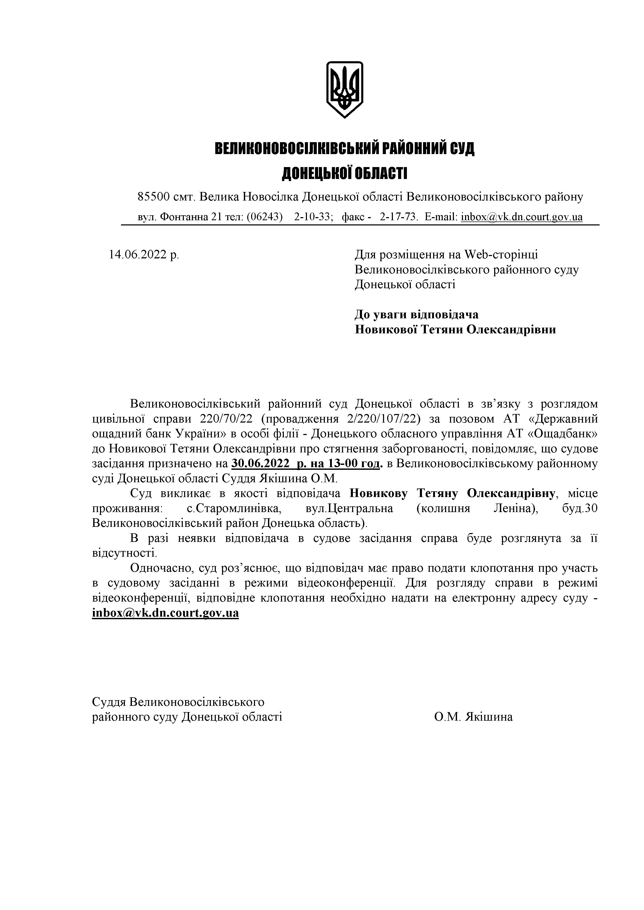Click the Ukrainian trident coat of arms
coord(344,89)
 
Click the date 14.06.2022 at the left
coord(144,254)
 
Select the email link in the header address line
coord(521,217)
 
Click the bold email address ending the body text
coord(165,613)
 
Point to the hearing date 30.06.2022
coord(260,464)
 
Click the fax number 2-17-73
coord(399,217)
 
